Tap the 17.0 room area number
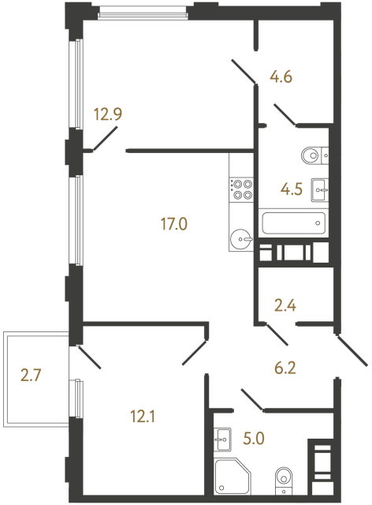click(173, 224)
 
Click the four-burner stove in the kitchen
click(241, 188)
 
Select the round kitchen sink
click(241, 237)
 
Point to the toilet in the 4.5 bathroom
click(312, 155)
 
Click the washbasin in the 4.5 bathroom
click(320, 188)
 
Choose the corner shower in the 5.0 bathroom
click(232, 477)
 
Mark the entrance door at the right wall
click(352, 350)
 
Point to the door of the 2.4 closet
click(276, 332)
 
